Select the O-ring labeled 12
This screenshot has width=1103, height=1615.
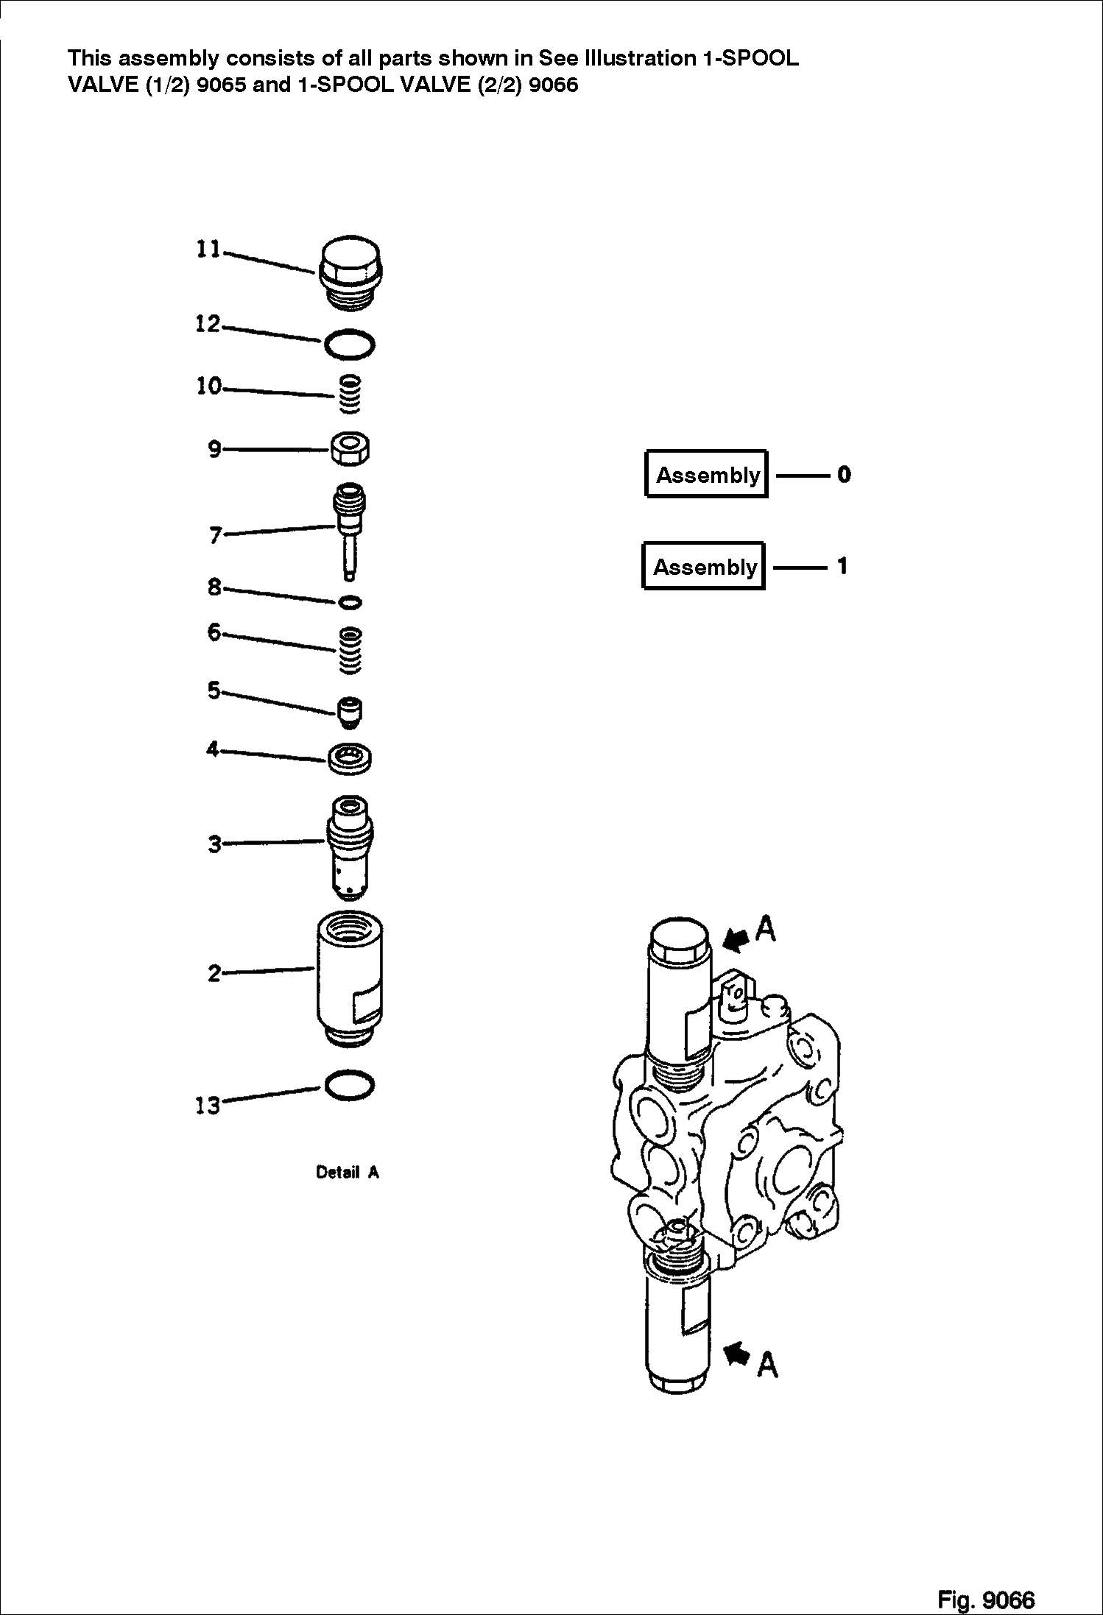(349, 344)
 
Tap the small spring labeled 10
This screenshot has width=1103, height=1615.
(351, 394)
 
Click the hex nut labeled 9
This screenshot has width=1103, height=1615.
(350, 448)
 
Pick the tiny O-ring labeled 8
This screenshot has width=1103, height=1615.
(350, 603)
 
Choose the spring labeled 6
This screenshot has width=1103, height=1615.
(350, 649)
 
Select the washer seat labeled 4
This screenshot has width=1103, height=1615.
(350, 758)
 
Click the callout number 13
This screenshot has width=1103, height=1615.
(208, 1105)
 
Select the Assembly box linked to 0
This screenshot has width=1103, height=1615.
(706, 475)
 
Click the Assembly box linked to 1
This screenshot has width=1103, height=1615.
(704, 567)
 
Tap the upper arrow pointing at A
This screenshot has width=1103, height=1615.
(737, 939)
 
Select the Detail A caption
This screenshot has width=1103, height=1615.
(347, 1173)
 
